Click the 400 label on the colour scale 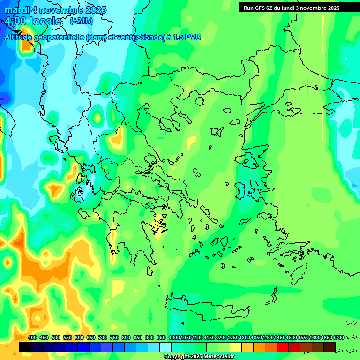click(32, 337)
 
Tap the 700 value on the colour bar click(103, 337)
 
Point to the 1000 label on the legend click(174, 337)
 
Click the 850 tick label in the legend click(138, 337)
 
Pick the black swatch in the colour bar click(25, 347)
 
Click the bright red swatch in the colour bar click(283, 347)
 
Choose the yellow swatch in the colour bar click(236, 347)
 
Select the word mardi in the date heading click(17, 10)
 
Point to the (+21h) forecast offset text click(81, 21)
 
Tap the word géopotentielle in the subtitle click(59, 37)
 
